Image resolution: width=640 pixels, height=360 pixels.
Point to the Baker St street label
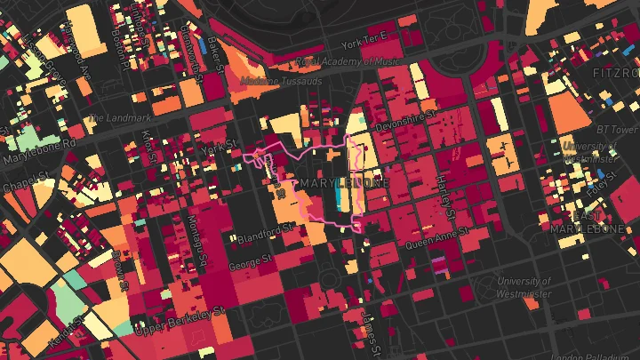click(x=213, y=55)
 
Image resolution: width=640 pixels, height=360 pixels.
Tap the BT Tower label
click(x=617, y=130)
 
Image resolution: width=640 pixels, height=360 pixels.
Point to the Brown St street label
click(x=120, y=268)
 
